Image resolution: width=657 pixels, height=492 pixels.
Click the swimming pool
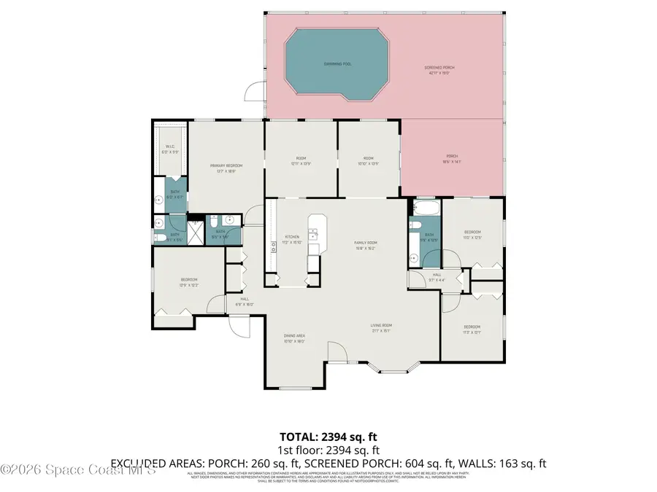click(x=338, y=64)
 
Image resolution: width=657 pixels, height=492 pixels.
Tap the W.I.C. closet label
click(x=169, y=150)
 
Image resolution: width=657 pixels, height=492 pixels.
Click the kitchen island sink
click(x=313, y=234)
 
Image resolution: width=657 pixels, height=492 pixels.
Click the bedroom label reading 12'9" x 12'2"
click(x=189, y=281)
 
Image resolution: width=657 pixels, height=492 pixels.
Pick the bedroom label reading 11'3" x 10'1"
click(x=472, y=329)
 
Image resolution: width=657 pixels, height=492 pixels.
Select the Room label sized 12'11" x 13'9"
click(x=300, y=161)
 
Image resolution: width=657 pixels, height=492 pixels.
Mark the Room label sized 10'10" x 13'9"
click(x=369, y=161)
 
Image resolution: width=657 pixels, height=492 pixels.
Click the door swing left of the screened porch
click(x=254, y=92)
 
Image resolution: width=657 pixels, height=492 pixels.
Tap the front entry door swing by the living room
click(x=337, y=352)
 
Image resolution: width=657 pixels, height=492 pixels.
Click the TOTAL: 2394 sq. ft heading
click(x=328, y=437)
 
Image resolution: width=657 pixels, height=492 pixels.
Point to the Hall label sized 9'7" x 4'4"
click(x=436, y=276)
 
